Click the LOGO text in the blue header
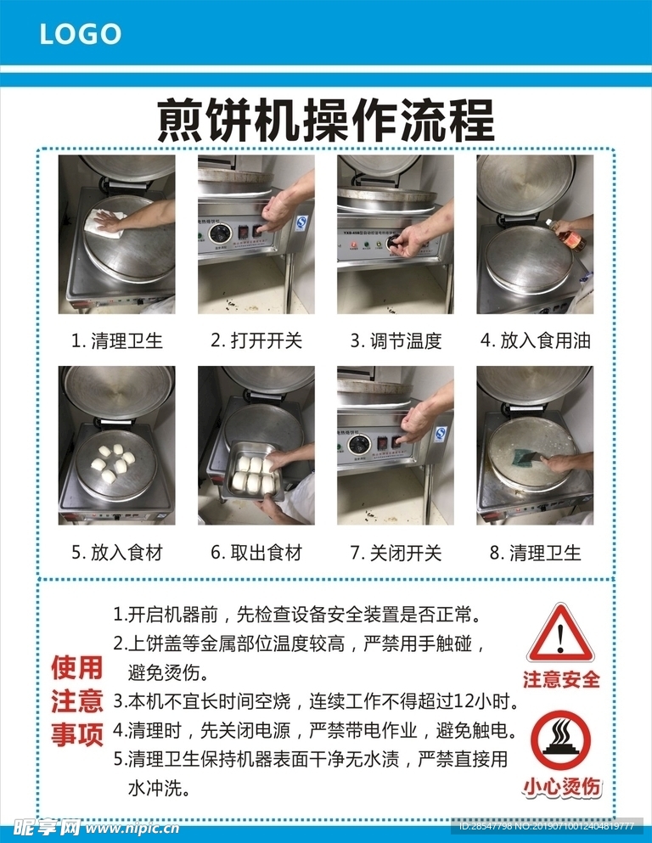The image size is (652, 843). (81, 34)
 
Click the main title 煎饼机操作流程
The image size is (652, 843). (326, 121)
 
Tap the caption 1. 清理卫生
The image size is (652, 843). (116, 341)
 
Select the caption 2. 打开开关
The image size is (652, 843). (256, 341)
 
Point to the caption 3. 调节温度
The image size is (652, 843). (396, 341)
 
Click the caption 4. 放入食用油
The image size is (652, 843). (535, 341)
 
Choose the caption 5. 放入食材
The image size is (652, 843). (116, 553)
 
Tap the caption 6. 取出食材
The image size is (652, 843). (256, 553)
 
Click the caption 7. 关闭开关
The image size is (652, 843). (396, 553)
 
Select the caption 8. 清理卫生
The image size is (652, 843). (535, 553)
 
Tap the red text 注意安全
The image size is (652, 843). (560, 679)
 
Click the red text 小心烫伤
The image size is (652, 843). (560, 786)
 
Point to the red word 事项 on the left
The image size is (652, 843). (76, 733)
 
